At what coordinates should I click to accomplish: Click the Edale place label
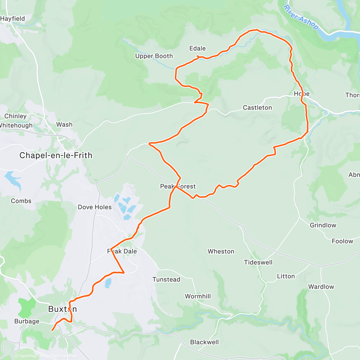(x=197, y=48)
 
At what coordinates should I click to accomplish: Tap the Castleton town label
(x=257, y=108)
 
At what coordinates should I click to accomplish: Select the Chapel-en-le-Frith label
(x=56, y=155)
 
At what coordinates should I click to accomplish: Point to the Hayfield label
(x=13, y=19)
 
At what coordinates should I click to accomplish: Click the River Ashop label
(x=301, y=17)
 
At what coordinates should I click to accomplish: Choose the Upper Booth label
(x=154, y=56)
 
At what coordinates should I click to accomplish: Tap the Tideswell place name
(x=258, y=262)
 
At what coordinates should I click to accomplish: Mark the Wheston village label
(x=221, y=251)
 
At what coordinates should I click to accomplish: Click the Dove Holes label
(x=94, y=207)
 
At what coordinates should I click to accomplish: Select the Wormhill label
(x=198, y=296)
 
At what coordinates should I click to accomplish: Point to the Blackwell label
(x=204, y=342)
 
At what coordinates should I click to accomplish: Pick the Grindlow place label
(x=323, y=225)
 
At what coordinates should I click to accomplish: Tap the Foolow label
(x=342, y=241)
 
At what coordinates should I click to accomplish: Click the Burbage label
(x=27, y=321)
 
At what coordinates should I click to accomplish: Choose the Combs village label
(x=21, y=201)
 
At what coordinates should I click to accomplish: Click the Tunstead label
(x=166, y=280)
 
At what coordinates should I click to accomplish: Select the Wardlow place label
(x=321, y=287)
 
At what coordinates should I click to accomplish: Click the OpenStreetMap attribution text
(x=63, y=356)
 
